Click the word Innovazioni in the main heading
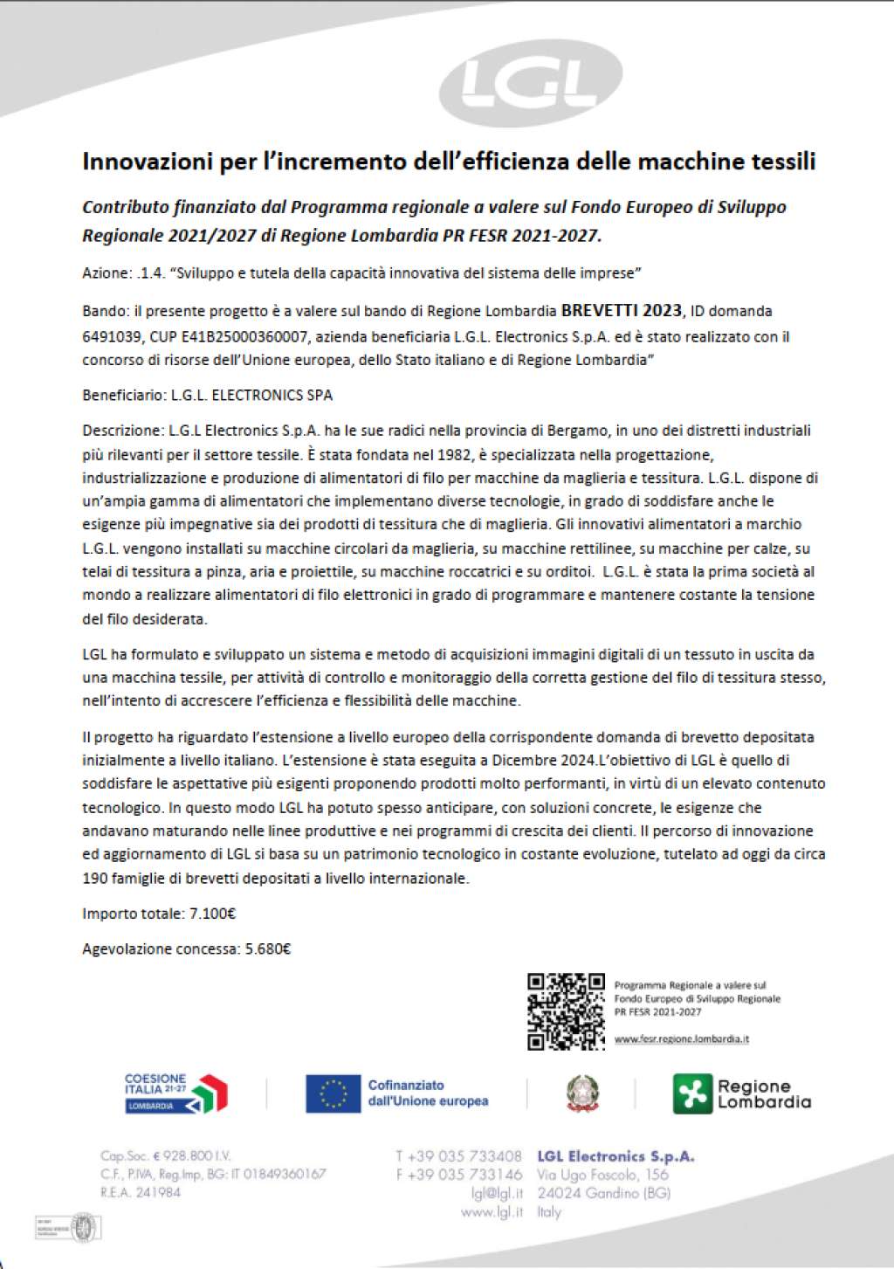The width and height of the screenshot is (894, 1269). pyautogui.click(x=146, y=161)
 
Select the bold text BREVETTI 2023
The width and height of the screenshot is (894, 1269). pyautogui.click(x=621, y=310)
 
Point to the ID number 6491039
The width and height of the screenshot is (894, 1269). pyautogui.click(x=111, y=336)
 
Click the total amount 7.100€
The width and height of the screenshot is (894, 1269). pyautogui.click(x=212, y=914)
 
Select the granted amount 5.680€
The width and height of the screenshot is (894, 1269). pyautogui.click(x=264, y=949)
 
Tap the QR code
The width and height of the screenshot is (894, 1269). pyautogui.click(x=566, y=1010)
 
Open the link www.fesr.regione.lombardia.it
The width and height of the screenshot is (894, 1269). pyautogui.click(x=681, y=1039)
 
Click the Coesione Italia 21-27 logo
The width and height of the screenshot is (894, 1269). pyautogui.click(x=175, y=1093)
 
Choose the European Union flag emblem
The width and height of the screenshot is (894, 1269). pyautogui.click(x=333, y=1093)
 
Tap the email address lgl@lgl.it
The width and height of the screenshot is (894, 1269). pyautogui.click(x=497, y=1194)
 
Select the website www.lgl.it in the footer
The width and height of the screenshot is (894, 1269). pyautogui.click(x=492, y=1212)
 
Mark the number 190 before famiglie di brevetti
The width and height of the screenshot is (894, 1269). pyautogui.click(x=95, y=879)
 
